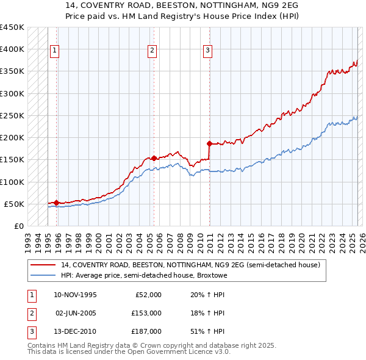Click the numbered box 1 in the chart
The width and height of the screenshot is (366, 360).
(55, 51)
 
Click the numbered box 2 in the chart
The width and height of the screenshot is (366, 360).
(151, 51)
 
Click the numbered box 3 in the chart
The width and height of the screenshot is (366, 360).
(207, 51)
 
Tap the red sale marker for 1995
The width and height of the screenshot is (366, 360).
(56, 203)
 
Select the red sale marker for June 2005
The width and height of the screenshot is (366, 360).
(154, 158)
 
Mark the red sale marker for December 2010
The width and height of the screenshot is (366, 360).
(209, 143)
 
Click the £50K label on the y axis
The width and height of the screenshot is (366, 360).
(14, 204)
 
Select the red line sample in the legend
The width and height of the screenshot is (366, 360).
(43, 265)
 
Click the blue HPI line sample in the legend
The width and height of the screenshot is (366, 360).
(43, 275)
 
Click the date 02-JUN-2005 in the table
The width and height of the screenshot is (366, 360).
(76, 313)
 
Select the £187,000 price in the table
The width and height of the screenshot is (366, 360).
(146, 331)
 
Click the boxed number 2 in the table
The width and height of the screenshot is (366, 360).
(31, 313)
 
